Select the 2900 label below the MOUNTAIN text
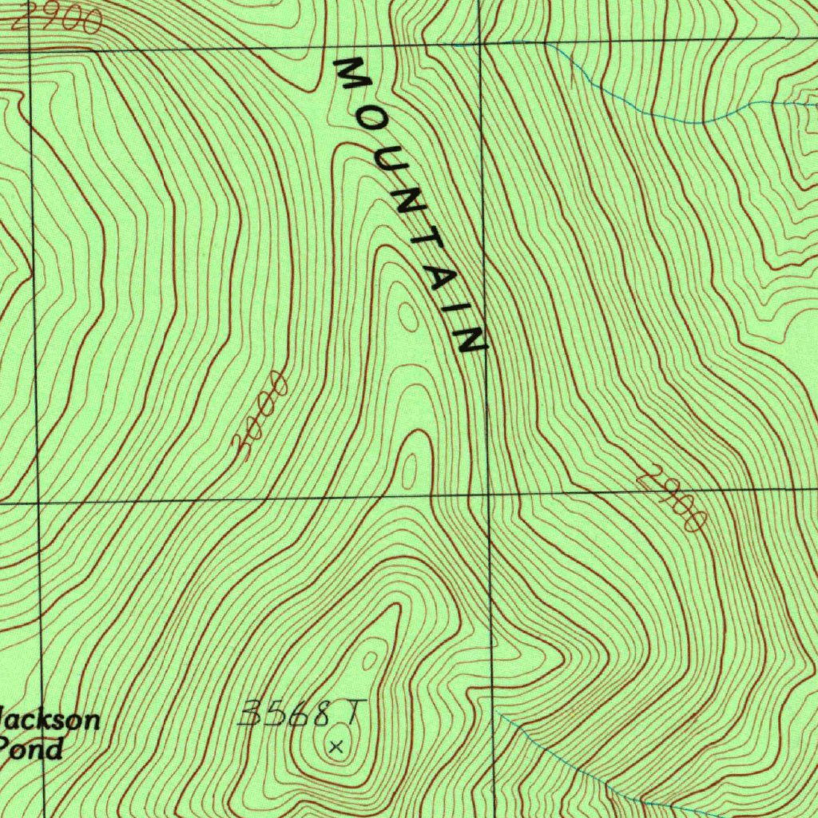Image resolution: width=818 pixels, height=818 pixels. pos(673,498)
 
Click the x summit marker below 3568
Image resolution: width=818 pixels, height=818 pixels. pos(336,748)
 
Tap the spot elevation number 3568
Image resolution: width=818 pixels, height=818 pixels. pos(286,713)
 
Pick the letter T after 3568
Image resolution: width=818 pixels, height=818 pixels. pos(352,711)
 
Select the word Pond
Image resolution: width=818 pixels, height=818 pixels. pos(32,749)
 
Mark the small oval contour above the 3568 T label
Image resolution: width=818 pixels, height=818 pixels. pos(370,661)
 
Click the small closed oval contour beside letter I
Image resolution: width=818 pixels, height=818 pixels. pos(407,318)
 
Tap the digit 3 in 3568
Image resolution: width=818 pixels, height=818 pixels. pos(251,713)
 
